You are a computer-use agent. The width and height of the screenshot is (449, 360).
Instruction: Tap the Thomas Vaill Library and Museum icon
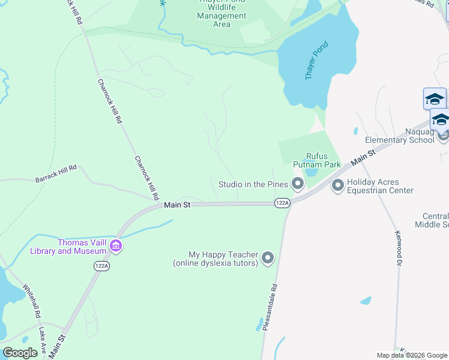(116, 246)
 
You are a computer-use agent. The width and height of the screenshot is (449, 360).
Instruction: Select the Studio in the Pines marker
(297, 184)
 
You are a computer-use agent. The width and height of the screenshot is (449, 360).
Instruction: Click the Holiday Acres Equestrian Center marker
(337, 186)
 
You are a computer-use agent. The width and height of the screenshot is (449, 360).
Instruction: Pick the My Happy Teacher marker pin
(268, 259)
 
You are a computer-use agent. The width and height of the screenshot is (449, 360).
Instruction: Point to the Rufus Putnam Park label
(316, 160)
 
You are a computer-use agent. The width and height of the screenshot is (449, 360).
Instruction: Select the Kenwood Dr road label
(397, 248)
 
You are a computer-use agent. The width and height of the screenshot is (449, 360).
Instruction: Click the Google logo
(20, 353)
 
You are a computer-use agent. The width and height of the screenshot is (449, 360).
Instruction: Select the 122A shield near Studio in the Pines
(282, 203)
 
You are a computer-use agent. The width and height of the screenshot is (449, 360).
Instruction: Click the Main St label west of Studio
(177, 205)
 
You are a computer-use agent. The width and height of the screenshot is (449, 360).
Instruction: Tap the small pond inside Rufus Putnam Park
(311, 172)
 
